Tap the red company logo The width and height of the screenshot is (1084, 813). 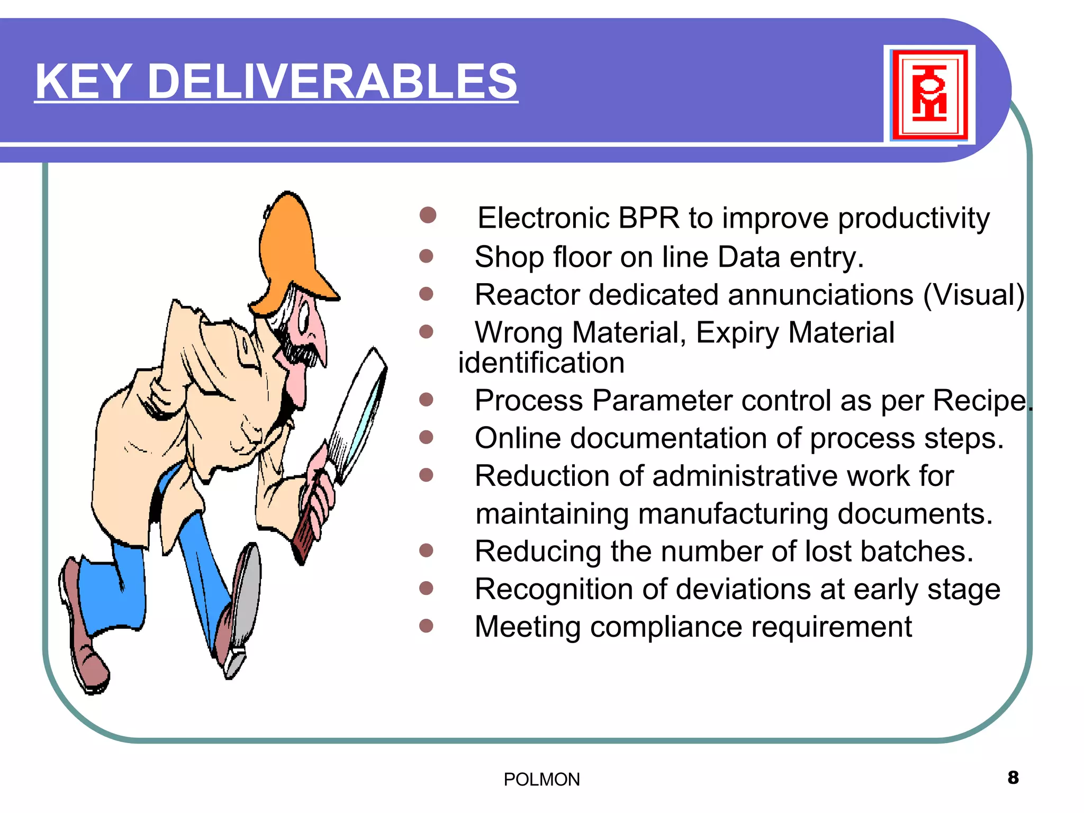click(x=929, y=94)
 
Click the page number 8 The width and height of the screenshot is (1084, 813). click(x=1013, y=778)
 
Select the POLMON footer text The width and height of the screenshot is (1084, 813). click(x=541, y=780)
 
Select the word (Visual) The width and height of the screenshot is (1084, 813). click(x=974, y=295)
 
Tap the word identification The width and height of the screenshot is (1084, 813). click(x=541, y=363)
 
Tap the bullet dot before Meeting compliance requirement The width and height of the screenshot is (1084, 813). click(x=426, y=626)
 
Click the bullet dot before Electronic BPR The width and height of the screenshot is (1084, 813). click(x=428, y=215)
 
